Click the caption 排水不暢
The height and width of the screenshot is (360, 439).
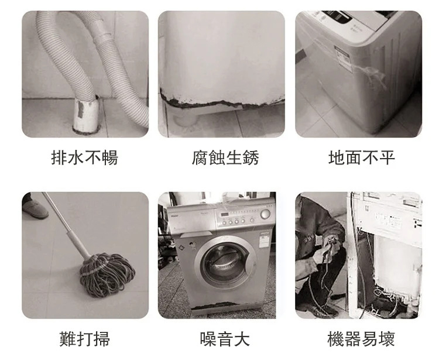click(x=84, y=157)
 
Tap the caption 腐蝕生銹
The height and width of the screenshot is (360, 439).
click(x=225, y=157)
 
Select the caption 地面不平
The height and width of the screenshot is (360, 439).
click(x=362, y=157)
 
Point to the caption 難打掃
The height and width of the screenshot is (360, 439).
click(x=84, y=339)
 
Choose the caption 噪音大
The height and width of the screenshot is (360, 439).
click(x=225, y=339)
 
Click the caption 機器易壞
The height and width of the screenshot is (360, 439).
click(x=361, y=339)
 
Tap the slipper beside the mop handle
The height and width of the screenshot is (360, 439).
click(x=35, y=209)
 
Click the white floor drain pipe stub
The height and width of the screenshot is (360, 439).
click(x=86, y=115)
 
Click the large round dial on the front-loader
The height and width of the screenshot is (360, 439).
click(x=265, y=214)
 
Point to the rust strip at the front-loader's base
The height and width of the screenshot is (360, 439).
click(x=215, y=306)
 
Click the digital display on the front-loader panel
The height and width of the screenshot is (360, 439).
click(x=225, y=215)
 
